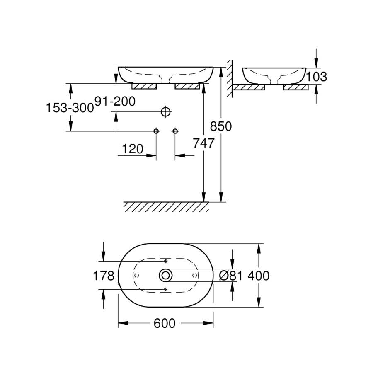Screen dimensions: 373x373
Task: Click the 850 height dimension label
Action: (221, 126)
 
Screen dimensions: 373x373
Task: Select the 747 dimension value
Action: (203, 143)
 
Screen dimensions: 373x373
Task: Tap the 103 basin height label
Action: (317, 77)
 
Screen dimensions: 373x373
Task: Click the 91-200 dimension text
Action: (115, 102)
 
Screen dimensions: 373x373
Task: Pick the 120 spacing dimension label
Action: (133, 148)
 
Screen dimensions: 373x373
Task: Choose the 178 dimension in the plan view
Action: (104, 276)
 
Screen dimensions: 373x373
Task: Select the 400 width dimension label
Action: (259, 276)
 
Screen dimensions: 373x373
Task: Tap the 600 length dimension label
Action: (165, 323)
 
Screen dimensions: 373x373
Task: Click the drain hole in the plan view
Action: (166, 275)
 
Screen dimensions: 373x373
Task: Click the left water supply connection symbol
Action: (156, 131)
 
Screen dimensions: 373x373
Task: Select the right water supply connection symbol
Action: (175, 131)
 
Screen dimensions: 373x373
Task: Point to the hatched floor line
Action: (166, 206)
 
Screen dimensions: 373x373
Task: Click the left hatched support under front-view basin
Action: (144, 86)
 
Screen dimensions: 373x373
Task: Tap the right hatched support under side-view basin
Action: (295, 87)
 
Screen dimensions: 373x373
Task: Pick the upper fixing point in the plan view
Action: (165, 262)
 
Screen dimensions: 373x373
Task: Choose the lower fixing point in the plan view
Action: (165, 289)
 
